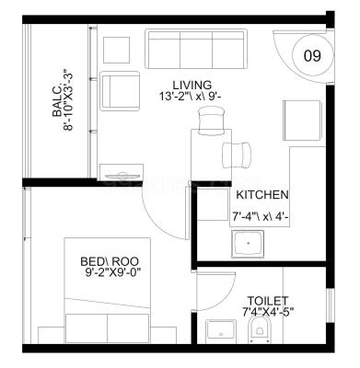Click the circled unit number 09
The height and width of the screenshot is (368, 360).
point(312,56)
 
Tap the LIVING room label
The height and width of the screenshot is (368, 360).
point(192,85)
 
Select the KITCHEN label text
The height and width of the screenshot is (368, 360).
point(262,195)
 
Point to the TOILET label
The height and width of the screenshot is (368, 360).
point(268,300)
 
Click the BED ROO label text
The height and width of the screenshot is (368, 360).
point(110,261)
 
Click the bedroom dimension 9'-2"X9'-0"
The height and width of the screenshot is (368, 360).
point(113,272)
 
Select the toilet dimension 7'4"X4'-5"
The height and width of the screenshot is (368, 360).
point(268,312)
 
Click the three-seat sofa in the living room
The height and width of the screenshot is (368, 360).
point(196,50)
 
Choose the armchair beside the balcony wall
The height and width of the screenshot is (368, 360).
point(121,91)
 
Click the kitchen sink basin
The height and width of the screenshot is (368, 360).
point(248,244)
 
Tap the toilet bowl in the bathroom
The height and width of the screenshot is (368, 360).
point(260,328)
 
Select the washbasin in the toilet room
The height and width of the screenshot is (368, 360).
point(221,329)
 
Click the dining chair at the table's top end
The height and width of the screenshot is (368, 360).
point(212,121)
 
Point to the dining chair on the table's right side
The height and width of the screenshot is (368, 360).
point(238,155)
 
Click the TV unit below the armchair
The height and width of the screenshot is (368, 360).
point(122,172)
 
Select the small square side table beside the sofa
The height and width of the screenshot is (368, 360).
point(116,50)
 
